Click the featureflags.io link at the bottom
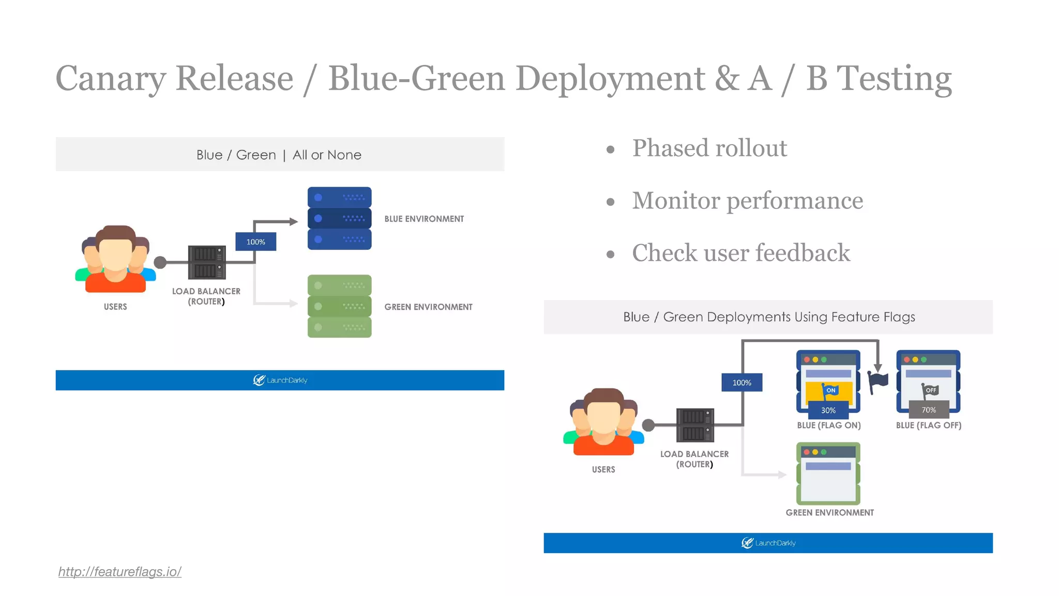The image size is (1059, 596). click(119, 572)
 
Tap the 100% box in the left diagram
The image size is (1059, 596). click(255, 242)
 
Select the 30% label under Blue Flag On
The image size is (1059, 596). click(828, 410)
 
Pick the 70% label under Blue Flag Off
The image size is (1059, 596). click(929, 410)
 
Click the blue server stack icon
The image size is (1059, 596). click(339, 218)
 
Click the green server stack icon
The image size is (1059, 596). click(339, 306)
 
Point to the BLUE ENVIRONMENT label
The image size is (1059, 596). click(424, 219)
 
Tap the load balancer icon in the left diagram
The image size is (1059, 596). click(206, 262)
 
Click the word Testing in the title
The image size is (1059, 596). click(894, 79)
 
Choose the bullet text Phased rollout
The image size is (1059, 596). click(709, 148)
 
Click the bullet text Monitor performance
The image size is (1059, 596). click(747, 201)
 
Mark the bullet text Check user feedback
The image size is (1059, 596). click(740, 253)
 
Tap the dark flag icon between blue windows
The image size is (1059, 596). click(877, 382)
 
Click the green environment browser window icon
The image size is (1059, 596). click(828, 473)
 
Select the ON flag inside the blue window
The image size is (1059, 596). click(829, 391)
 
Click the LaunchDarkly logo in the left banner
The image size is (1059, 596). click(280, 380)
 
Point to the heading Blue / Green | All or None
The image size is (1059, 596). click(279, 155)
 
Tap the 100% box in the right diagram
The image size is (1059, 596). click(742, 382)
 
